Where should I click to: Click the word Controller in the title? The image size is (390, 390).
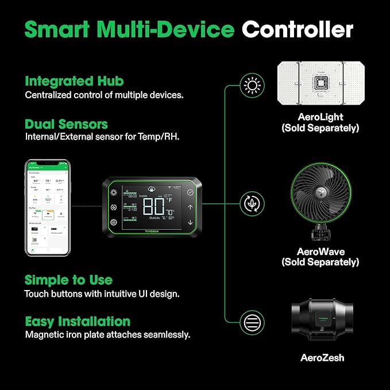point(297,29)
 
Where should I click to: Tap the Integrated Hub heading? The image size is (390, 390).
point(74,81)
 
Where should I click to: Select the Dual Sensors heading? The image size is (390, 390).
point(66,124)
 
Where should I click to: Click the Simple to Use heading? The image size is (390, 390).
point(68,280)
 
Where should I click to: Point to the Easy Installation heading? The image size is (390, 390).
point(77,321)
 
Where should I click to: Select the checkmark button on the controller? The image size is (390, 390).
point(190,192)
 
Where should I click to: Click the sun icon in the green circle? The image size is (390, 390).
point(251,87)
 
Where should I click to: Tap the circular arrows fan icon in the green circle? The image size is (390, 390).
point(251,203)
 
